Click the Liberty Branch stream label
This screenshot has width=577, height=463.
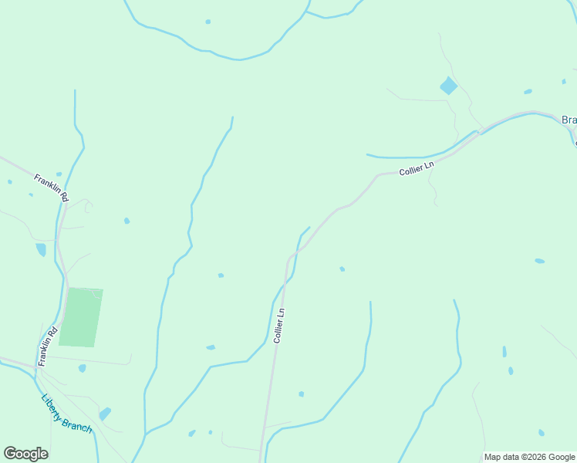(x=66, y=414)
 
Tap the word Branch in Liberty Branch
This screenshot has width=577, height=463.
(x=79, y=423)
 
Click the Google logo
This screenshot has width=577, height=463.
(x=25, y=454)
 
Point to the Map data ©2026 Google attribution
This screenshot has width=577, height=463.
(x=530, y=457)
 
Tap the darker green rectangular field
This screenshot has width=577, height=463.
(x=80, y=318)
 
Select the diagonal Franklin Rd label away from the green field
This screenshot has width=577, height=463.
(x=52, y=188)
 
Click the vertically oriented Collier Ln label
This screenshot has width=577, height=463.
(x=279, y=325)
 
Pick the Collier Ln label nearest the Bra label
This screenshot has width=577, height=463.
(x=417, y=167)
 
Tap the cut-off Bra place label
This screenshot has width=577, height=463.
(x=569, y=120)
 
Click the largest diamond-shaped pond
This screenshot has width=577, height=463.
(x=448, y=86)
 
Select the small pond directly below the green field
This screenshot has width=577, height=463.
(x=83, y=368)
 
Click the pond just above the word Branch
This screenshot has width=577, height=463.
(x=105, y=414)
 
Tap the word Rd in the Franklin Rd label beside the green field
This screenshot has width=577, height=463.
(x=52, y=333)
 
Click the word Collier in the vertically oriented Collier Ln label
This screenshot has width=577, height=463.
(x=278, y=331)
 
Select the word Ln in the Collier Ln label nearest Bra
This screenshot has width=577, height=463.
(x=430, y=164)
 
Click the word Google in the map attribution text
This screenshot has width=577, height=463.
(x=561, y=457)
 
